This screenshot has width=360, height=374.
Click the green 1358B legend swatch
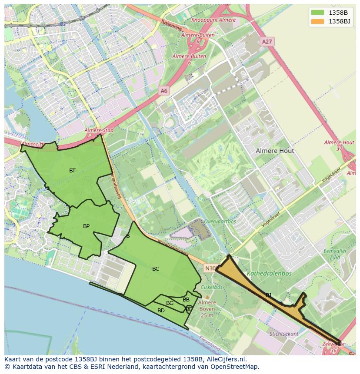pos(317,12)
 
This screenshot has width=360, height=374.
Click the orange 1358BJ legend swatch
pos(317,21)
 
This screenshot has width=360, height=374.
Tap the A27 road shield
pos(267,42)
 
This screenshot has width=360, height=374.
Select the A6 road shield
pos(163,91)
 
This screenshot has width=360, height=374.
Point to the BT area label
pos(72,171)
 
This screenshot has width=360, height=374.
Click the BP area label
pos(86,226)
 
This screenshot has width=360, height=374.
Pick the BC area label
pos(156,269)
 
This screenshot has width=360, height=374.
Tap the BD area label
pos(161,311)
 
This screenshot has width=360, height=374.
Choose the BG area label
pos(170,303)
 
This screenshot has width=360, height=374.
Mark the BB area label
pos(186,300)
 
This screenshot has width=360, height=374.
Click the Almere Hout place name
pos(274,151)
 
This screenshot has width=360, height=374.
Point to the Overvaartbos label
pos(220,221)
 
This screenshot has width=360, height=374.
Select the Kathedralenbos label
pos(269,274)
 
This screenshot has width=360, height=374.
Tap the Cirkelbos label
pos(212,287)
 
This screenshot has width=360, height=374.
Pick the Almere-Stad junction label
pos(99,130)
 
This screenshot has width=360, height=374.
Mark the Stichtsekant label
pos(284,334)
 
